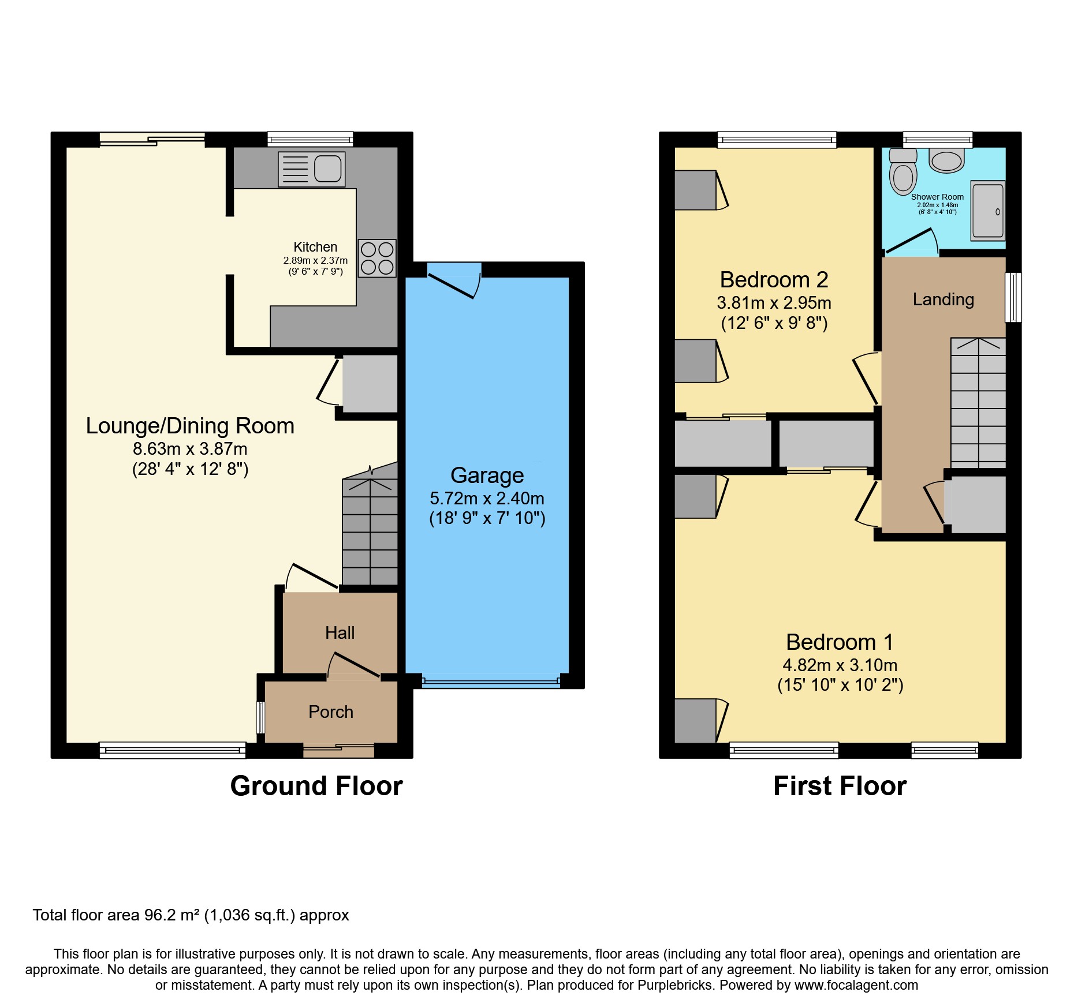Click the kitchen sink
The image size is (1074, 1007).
pos(312,169)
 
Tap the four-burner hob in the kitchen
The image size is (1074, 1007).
pos(377,258)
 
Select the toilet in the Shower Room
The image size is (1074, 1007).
pos(903,173)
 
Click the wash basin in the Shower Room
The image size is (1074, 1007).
pos(946,161)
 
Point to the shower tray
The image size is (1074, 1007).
pos(988,211)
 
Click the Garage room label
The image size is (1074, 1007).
pos(487,476)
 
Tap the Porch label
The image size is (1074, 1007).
pos(330,712)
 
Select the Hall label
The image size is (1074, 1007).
pos(340,633)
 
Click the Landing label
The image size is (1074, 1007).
pos(943,300)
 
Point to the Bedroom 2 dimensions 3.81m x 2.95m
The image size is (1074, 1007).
pos(774,303)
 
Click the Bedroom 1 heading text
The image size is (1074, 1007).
pos(840,642)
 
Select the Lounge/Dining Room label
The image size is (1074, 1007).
pos(190,426)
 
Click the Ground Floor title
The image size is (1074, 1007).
pos(316,786)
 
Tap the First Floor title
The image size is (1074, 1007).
pos(840,786)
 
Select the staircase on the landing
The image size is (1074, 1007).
pos(978,404)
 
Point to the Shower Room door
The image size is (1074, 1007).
pos(909,242)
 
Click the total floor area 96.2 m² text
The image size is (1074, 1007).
pos(191,915)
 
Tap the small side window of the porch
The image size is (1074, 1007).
pos(261,717)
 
